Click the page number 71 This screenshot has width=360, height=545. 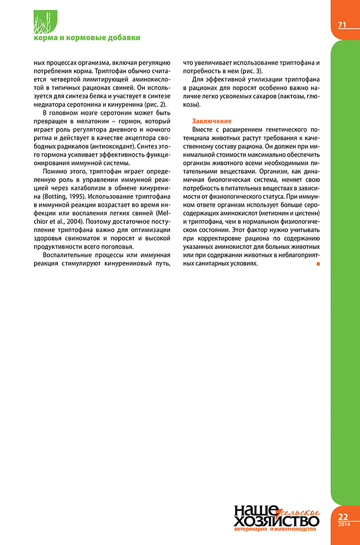coord(342,25)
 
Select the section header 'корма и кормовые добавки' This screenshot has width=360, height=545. coord(86,37)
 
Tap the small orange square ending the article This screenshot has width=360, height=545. coord(318,263)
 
